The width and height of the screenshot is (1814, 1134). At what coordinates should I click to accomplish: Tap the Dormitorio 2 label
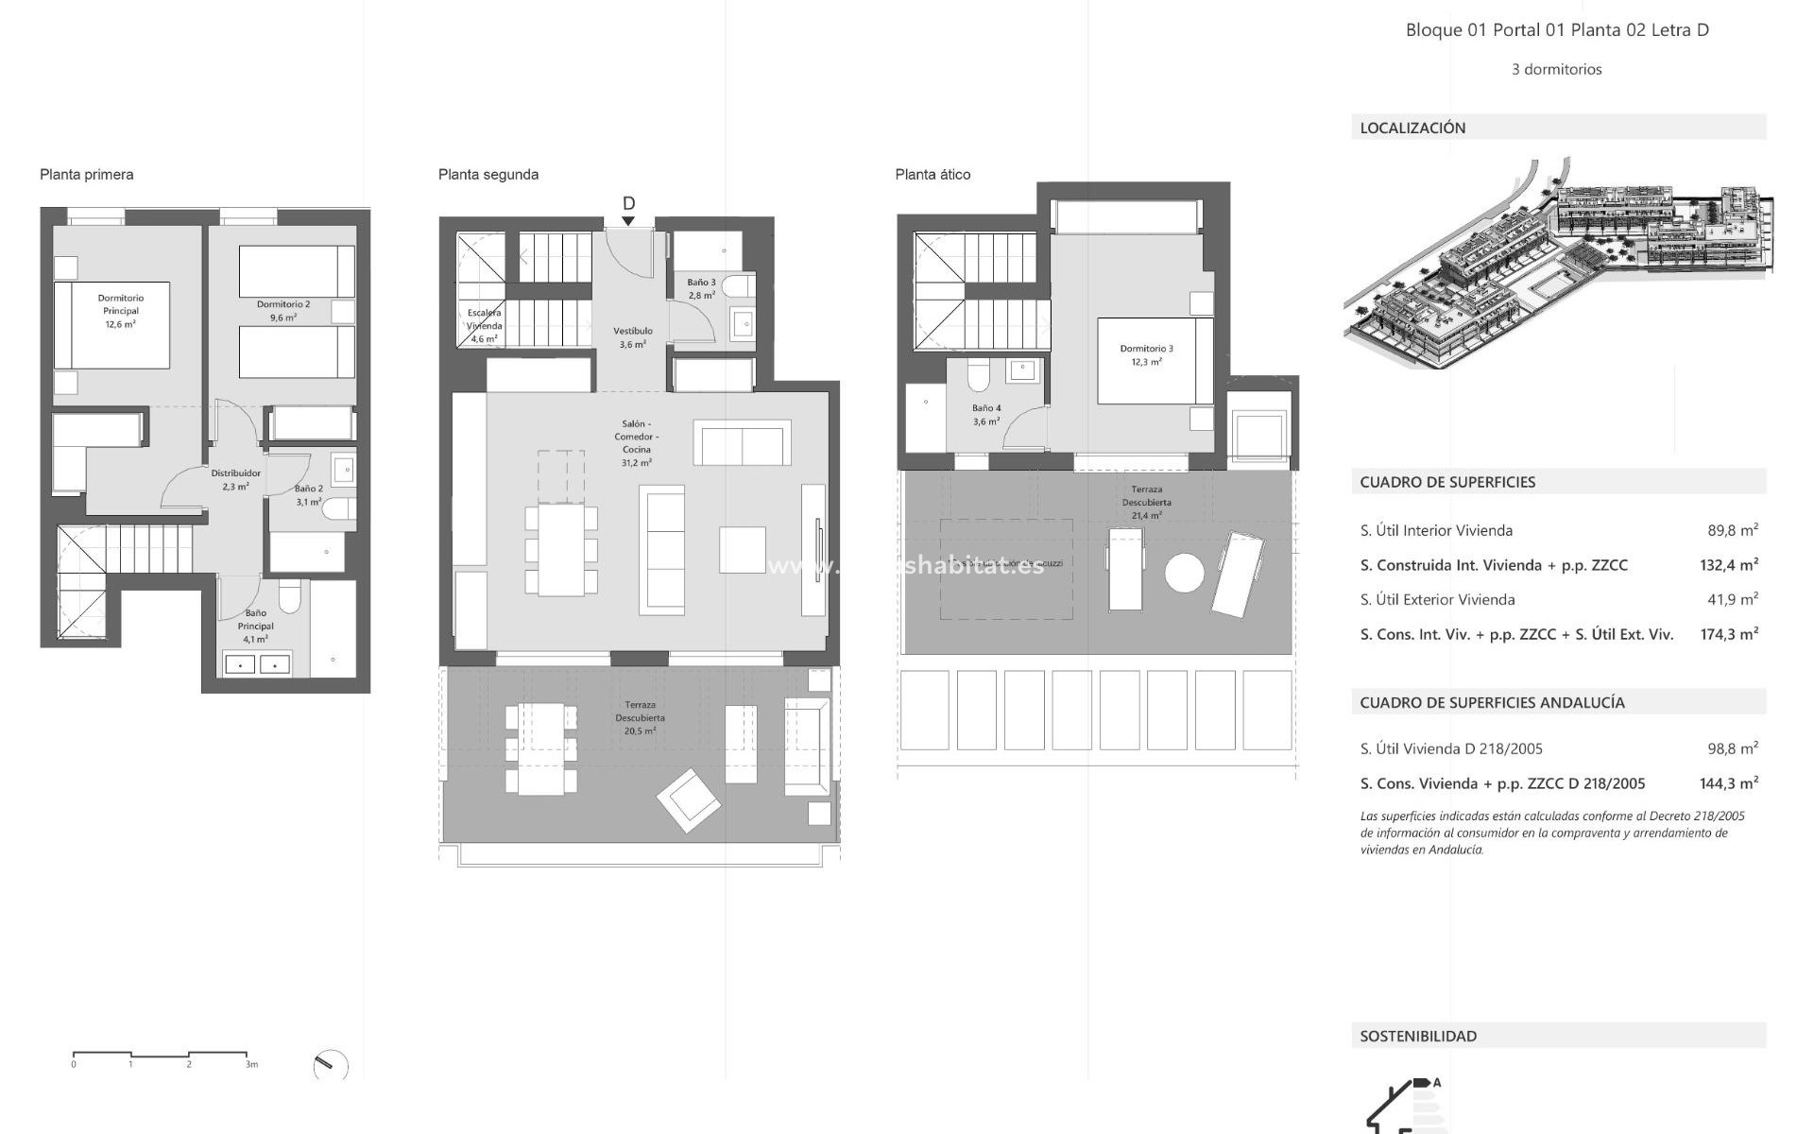(x=282, y=311)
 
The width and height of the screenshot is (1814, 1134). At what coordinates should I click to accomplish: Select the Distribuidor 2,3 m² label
(x=235, y=480)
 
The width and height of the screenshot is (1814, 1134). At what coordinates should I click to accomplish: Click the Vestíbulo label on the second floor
(x=633, y=337)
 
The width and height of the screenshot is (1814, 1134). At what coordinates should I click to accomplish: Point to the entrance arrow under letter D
(x=628, y=221)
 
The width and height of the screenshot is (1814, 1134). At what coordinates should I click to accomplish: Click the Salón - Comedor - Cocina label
(x=637, y=443)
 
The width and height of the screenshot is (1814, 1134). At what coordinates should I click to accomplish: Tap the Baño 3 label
(x=701, y=288)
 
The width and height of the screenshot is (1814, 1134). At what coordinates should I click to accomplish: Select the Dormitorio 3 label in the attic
(x=1146, y=354)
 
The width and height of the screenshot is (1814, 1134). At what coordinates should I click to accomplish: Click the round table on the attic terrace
(x=1184, y=573)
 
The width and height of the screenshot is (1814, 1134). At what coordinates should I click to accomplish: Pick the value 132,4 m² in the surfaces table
(x=1728, y=565)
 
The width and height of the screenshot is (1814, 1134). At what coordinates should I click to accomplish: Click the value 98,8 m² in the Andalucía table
(x=1732, y=748)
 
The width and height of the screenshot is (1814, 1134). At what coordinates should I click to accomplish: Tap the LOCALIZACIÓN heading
(x=1412, y=128)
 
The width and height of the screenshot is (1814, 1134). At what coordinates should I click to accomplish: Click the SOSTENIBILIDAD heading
(x=1418, y=1036)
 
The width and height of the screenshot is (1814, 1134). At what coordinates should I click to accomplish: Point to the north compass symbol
(x=330, y=1066)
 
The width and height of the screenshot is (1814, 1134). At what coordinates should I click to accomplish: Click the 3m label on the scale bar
(x=251, y=1065)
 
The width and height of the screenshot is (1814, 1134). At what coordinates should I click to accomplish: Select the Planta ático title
(x=933, y=174)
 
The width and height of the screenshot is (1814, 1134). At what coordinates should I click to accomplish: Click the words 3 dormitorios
(x=1556, y=69)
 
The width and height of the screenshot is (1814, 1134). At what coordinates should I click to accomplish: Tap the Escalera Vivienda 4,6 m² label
(x=484, y=325)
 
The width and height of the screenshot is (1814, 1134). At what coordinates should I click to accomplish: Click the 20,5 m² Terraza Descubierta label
(x=640, y=717)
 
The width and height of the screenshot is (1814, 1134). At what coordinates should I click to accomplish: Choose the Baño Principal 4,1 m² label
(x=255, y=626)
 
